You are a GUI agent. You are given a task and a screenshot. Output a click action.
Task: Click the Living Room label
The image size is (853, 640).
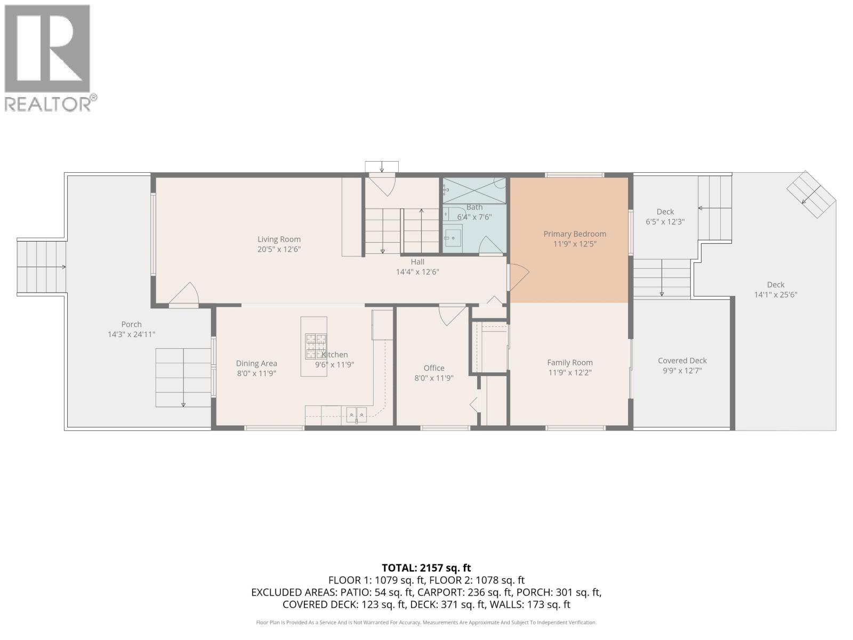click(279, 239)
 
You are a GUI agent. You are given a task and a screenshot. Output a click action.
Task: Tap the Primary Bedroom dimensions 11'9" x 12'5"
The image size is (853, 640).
click(575, 244)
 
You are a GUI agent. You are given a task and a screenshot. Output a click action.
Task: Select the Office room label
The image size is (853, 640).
click(433, 368)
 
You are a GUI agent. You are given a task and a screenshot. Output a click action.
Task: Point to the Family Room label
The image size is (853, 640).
click(570, 363)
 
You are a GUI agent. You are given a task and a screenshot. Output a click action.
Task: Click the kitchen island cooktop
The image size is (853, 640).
click(316, 346)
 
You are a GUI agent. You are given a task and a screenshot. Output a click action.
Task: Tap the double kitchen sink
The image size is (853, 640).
click(356, 414)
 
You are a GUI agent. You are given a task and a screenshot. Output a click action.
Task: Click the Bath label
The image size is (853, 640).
click(474, 207)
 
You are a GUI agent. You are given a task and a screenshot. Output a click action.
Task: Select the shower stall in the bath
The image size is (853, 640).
click(474, 190)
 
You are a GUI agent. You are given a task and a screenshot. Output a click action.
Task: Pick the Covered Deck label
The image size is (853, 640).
click(682, 361)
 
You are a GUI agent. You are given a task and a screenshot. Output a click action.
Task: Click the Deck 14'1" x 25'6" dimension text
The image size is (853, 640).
click(776, 295)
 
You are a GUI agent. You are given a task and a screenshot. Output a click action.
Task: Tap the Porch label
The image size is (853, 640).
click(131, 324)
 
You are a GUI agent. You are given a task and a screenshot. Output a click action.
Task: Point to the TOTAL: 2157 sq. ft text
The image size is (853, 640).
click(426, 568)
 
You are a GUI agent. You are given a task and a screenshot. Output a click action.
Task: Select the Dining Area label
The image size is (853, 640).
click(256, 363)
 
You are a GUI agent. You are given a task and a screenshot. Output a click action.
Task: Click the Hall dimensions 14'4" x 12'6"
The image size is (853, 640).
click(417, 272)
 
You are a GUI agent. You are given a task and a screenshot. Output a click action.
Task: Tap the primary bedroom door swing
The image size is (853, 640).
click(519, 277)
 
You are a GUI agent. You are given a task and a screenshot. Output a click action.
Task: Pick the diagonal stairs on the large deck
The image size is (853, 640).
click(811, 194)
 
